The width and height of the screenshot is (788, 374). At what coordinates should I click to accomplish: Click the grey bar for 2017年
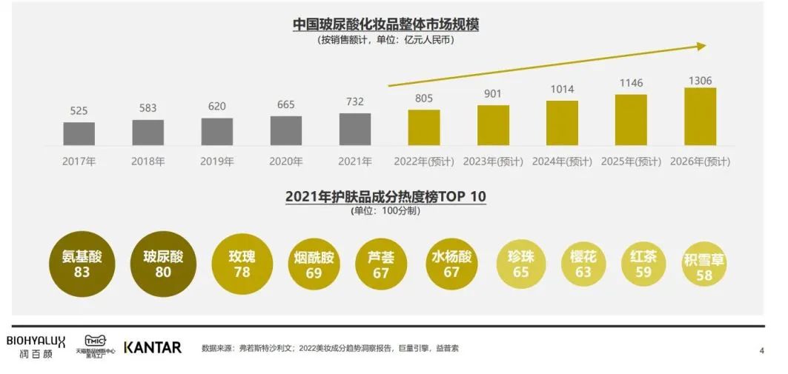point(79,133)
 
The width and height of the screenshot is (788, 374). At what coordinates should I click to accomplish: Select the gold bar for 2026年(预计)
point(700,116)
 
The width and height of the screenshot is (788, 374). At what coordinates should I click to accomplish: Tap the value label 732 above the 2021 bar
point(355,101)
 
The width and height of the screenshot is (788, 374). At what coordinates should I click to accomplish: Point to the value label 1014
point(562,90)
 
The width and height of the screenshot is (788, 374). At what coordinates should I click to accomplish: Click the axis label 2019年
point(217,161)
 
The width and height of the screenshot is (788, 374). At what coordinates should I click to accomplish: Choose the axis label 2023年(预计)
point(493,161)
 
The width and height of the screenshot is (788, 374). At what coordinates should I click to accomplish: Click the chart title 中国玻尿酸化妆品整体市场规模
point(385,24)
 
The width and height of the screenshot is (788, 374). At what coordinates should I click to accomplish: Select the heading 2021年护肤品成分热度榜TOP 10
point(385,196)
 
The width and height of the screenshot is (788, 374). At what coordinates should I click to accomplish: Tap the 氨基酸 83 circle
point(82,264)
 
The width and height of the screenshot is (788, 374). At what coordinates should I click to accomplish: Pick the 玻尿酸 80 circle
point(163,264)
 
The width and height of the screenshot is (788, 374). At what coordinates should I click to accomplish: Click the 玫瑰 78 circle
point(242,264)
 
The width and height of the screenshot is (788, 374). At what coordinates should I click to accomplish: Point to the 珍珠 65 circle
point(520,264)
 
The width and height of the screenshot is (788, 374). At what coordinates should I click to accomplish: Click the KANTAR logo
point(152,347)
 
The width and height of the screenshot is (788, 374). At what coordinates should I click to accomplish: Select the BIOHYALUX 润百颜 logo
point(36,347)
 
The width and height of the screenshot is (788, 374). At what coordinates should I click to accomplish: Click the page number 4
point(761,350)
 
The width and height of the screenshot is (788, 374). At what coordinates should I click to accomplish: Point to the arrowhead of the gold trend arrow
point(701,47)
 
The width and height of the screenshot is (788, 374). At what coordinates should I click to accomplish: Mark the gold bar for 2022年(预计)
point(424,127)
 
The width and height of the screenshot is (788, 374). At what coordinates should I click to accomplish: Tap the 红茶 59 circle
point(643,264)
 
